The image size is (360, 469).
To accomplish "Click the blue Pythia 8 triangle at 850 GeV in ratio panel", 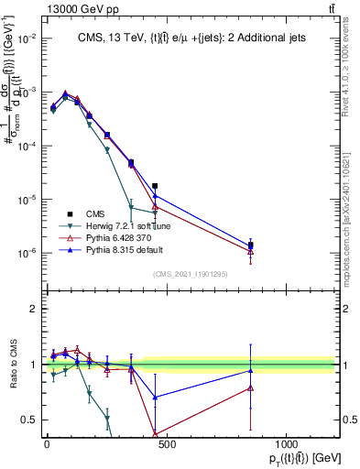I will (x=251, y=371).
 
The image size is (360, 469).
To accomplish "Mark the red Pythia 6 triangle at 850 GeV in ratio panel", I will (x=251, y=387).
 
